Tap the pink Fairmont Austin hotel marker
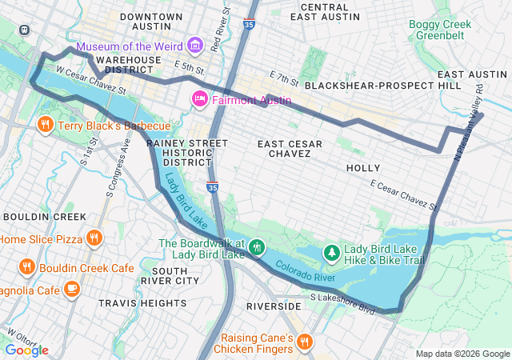[x=198, y=100]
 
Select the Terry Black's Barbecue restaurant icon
[x=44, y=125]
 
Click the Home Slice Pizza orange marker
[x=94, y=238]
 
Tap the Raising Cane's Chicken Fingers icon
[x=304, y=343]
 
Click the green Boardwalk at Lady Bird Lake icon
[x=256, y=247]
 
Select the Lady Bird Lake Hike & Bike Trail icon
[x=332, y=254]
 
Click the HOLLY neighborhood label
[x=363, y=168]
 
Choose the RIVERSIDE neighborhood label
[x=273, y=306]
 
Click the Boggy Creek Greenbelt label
[x=440, y=30]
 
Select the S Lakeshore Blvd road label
[x=342, y=302]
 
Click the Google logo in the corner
[x=26, y=350]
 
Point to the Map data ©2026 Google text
[x=462, y=354]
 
